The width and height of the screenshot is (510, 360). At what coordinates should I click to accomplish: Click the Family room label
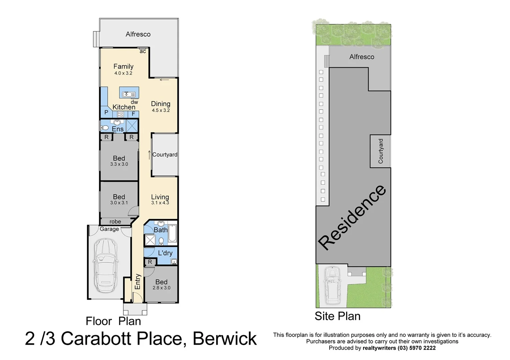(x=123, y=66)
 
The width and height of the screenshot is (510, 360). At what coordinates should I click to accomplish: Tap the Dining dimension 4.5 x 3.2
(x=161, y=110)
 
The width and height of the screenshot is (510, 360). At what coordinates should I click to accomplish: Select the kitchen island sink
(x=129, y=94)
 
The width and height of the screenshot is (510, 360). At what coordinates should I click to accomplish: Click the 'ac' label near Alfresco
(x=143, y=51)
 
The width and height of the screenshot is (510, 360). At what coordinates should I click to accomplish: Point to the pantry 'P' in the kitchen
(x=106, y=113)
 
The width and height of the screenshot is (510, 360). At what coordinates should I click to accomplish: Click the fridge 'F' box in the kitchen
(x=133, y=114)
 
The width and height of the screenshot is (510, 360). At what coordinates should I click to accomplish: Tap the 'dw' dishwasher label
(x=134, y=102)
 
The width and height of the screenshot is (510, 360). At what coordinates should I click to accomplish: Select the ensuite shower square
(x=132, y=126)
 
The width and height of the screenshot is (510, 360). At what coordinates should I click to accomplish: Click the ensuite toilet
(x=105, y=128)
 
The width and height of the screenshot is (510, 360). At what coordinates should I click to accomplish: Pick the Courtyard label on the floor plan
(x=165, y=155)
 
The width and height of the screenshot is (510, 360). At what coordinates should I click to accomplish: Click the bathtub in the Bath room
(x=172, y=233)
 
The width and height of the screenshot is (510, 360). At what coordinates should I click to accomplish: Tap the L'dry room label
(x=165, y=253)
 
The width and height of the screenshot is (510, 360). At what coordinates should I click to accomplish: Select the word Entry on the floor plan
(x=137, y=282)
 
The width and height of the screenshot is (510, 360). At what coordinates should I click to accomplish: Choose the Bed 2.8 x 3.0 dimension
(x=161, y=288)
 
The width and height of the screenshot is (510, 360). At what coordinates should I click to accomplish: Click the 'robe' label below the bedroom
(x=115, y=222)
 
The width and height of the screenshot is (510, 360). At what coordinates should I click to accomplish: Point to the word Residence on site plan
(x=352, y=217)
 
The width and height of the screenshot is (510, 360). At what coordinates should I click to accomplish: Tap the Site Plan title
(x=337, y=316)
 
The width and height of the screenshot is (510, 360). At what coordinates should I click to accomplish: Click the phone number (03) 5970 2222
(x=417, y=348)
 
